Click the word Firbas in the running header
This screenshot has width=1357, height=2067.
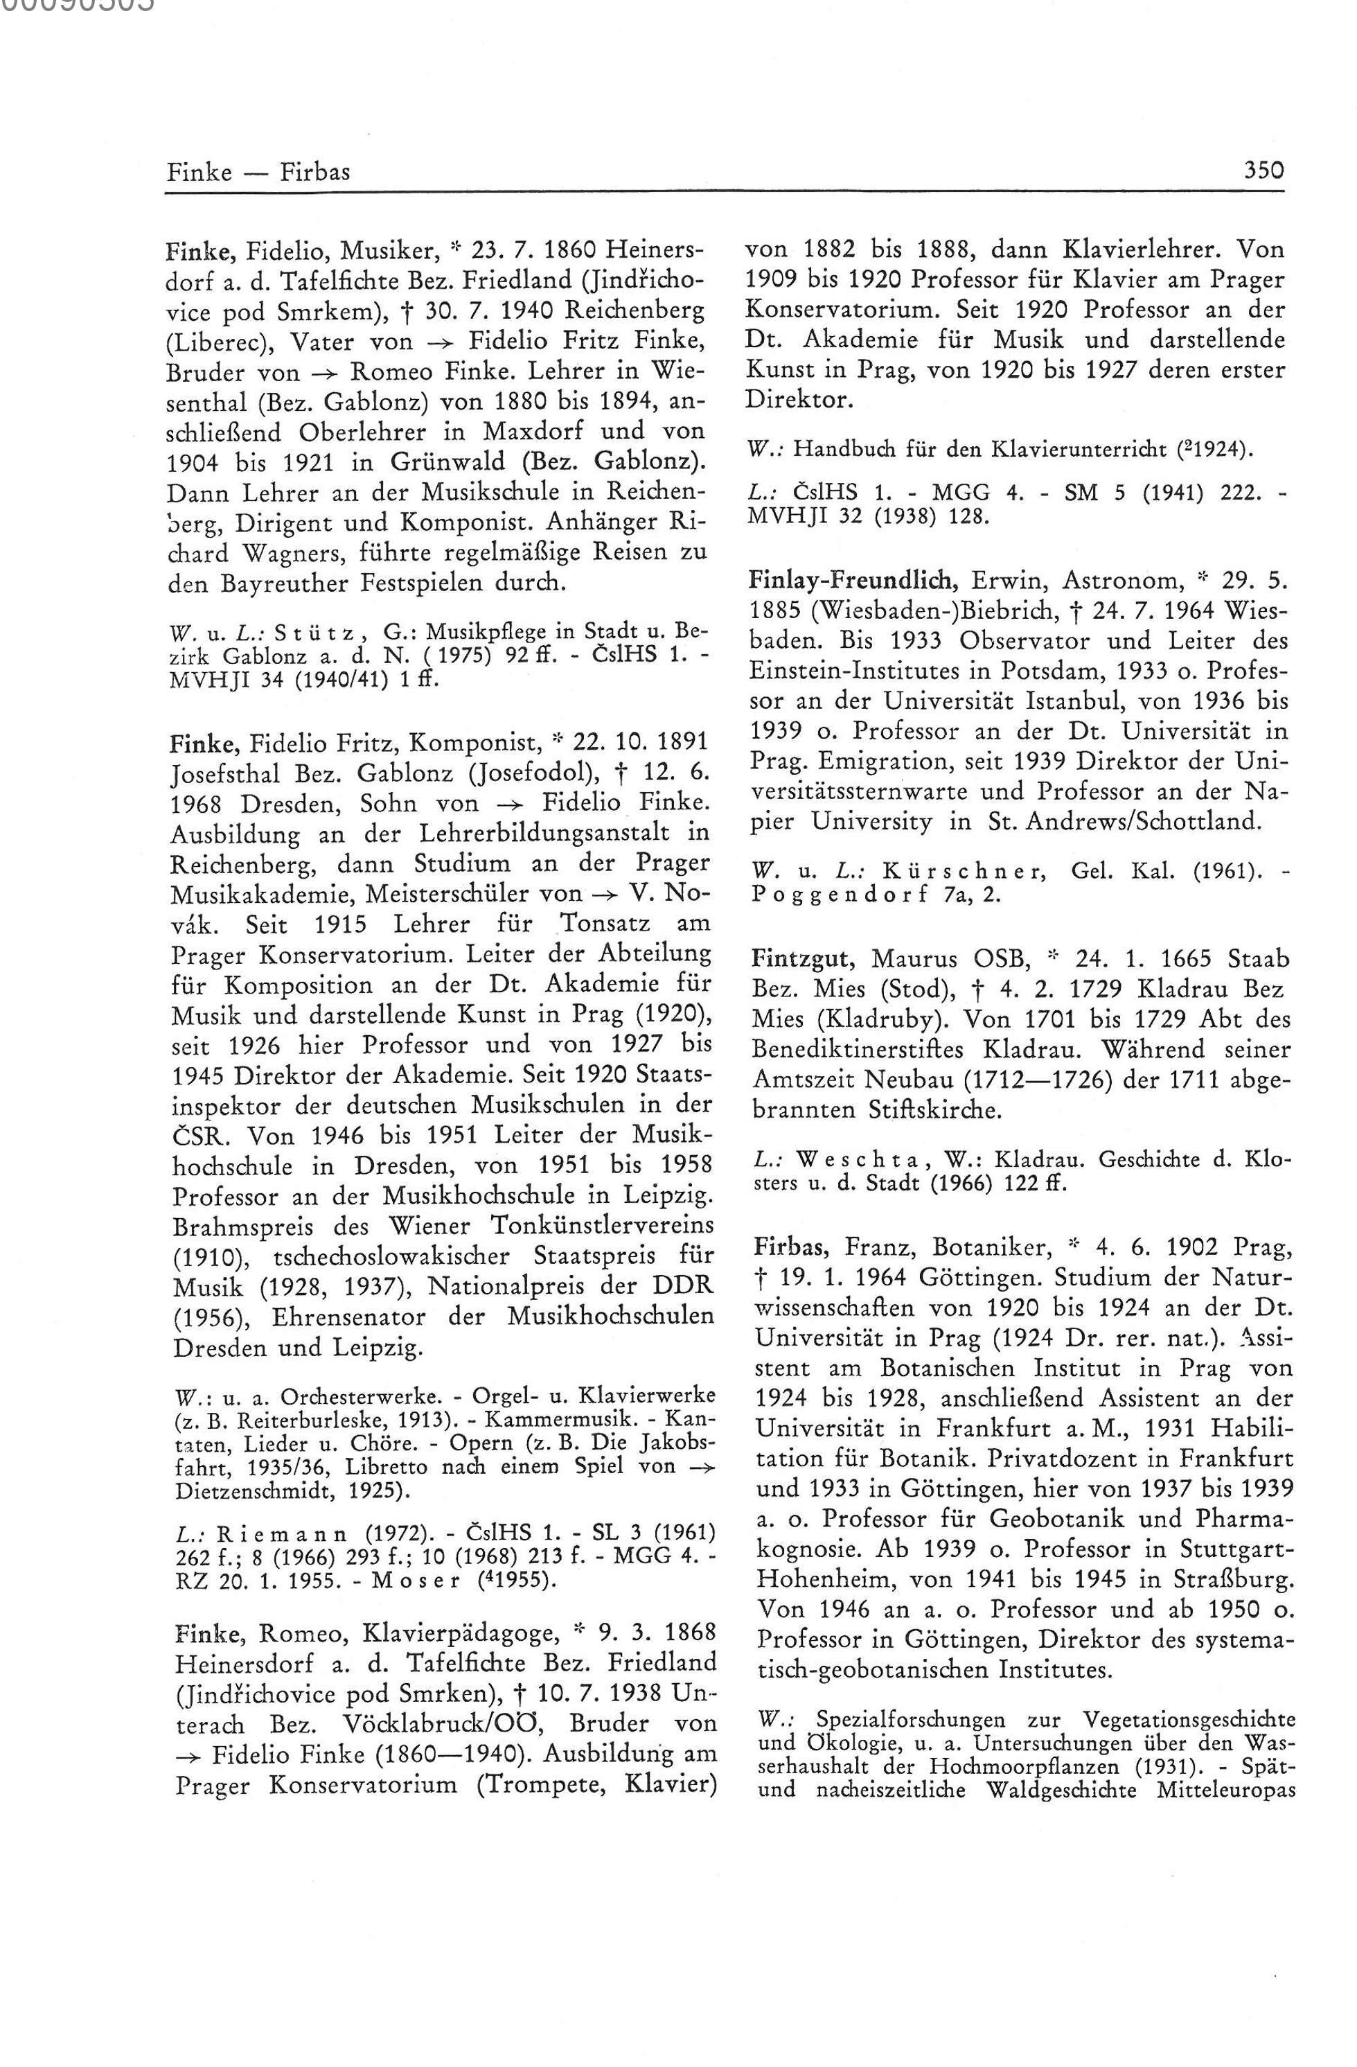(314, 172)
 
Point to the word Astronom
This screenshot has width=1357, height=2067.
(1098, 579)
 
